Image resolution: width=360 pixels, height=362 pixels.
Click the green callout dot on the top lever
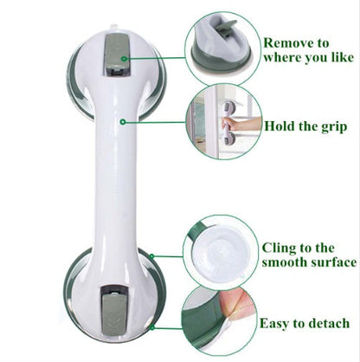[x=125, y=59]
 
